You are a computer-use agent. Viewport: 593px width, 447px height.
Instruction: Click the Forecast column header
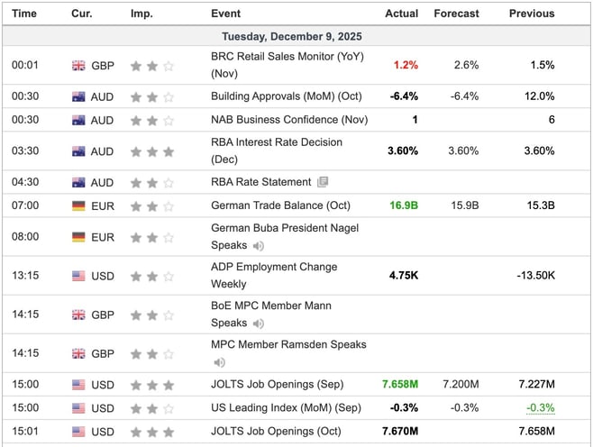pyautogui.click(x=456, y=14)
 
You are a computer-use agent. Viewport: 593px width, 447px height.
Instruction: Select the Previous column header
pyautogui.click(x=531, y=14)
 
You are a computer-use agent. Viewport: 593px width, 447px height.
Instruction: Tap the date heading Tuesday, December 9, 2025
pyautogui.click(x=296, y=37)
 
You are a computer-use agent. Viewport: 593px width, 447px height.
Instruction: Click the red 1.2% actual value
pyautogui.click(x=406, y=65)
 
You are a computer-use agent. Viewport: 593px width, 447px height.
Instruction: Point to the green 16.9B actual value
pyautogui.click(x=403, y=205)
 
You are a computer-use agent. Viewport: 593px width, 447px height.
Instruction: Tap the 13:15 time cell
pyautogui.click(x=24, y=275)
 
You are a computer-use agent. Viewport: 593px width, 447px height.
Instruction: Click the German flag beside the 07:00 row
pyautogui.click(x=79, y=205)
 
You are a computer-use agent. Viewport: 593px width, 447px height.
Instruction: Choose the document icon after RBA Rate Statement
pyautogui.click(x=323, y=182)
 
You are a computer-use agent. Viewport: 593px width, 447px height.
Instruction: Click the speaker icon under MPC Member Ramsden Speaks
pyautogui.click(x=218, y=362)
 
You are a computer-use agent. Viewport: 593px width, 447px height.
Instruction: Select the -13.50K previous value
pyautogui.click(x=530, y=275)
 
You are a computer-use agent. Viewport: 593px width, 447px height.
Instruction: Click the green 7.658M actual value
pyautogui.click(x=400, y=385)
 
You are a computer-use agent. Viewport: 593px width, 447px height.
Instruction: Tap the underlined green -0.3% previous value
pyautogui.click(x=541, y=407)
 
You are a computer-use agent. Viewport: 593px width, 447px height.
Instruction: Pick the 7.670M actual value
pyautogui.click(x=400, y=431)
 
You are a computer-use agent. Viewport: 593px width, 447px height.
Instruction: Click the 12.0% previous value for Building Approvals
pyautogui.click(x=540, y=96)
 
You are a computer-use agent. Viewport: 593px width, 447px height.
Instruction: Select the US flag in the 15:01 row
pyautogui.click(x=79, y=431)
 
